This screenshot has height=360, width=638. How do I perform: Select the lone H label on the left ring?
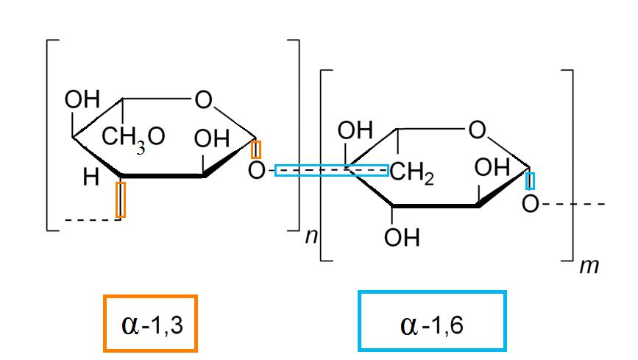tap(91, 178)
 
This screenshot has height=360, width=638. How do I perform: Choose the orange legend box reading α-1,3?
tap(151, 322)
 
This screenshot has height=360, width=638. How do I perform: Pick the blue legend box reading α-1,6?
tap(432, 322)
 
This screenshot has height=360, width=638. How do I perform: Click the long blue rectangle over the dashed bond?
tap(332, 171)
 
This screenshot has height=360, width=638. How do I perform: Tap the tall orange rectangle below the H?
tap(121, 200)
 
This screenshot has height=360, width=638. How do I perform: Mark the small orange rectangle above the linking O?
tap(255, 149)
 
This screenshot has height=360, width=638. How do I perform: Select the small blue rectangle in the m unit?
tap(531, 180)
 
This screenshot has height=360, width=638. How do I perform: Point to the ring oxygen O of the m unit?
tap(477, 131)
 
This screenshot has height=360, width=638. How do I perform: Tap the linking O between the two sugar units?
tap(255, 172)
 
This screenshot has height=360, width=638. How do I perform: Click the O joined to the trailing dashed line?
tap(530, 203)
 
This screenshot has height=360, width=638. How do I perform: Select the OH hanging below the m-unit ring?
tap(403, 237)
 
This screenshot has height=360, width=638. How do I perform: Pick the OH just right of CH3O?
tap(212, 138)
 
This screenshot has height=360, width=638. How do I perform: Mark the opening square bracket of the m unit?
tap(325, 165)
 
